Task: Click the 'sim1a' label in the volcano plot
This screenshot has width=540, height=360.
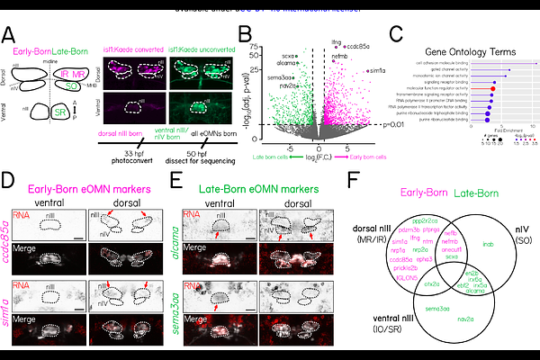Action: (x=375, y=70)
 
